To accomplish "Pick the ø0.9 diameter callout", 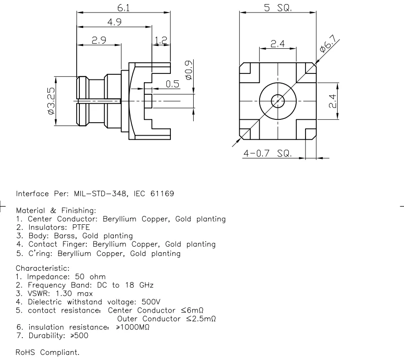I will [189, 70].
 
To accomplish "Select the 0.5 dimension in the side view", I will [173, 84].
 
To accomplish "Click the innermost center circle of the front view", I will [278, 100].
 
